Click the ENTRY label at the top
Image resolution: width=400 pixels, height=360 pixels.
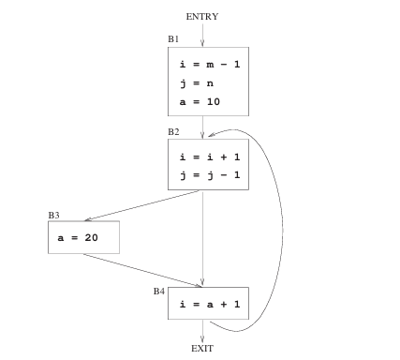click(x=202, y=16)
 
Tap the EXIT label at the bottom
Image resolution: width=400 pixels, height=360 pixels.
click(x=202, y=348)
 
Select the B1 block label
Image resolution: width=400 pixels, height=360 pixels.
click(x=173, y=40)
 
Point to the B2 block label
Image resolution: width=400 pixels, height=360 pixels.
click(x=173, y=132)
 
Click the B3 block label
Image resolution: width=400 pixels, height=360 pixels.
click(x=53, y=216)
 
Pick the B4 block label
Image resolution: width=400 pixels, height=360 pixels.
click(x=159, y=292)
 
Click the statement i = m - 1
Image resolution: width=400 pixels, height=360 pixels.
click(x=206, y=65)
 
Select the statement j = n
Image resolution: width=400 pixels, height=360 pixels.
click(x=191, y=82)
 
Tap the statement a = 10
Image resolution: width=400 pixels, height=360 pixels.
click(x=199, y=100)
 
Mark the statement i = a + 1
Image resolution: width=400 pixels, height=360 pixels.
click(x=206, y=304)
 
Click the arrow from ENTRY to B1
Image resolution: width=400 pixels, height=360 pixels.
click(x=202, y=35)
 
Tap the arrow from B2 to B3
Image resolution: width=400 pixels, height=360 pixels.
click(x=141, y=206)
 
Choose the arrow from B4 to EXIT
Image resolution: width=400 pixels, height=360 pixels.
click(x=202, y=330)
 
